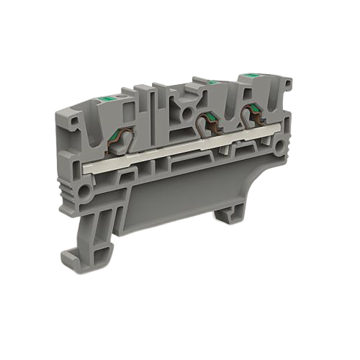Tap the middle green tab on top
tap(212, 83)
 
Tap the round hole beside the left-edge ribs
tap(85, 192)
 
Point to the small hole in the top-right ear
tap(287, 86)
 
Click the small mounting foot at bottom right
tap(232, 210)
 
